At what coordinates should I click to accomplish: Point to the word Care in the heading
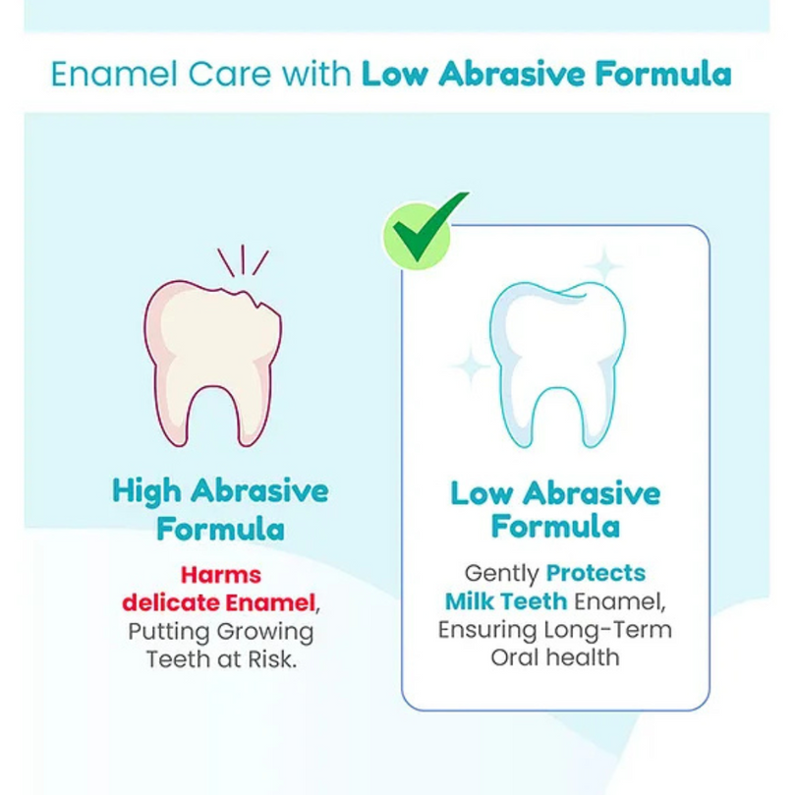(230, 74)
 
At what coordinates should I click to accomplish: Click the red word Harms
(221, 575)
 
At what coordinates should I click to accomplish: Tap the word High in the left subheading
(146, 492)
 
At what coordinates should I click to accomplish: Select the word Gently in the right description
(501, 574)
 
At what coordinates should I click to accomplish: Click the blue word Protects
(596, 573)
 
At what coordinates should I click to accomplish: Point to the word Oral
(514, 657)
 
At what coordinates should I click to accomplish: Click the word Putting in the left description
(169, 632)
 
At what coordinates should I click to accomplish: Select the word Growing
(266, 632)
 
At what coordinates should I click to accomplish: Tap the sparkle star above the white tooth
(603, 265)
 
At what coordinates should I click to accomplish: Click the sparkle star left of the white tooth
(471, 365)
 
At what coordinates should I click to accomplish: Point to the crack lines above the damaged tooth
(243, 260)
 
